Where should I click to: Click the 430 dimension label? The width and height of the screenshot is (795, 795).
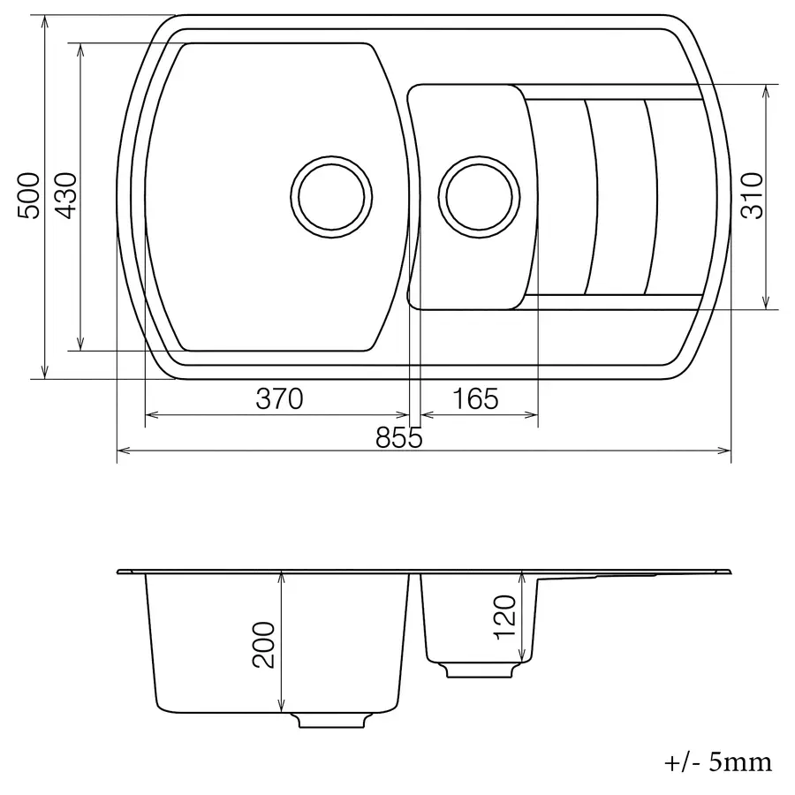tap(66, 195)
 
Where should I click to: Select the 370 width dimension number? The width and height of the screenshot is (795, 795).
tap(279, 399)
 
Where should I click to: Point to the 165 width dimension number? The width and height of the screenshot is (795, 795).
tap(476, 399)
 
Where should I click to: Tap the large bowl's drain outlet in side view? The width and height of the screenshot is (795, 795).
tap(333, 719)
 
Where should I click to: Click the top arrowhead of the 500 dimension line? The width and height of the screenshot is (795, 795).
tap(43, 19)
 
